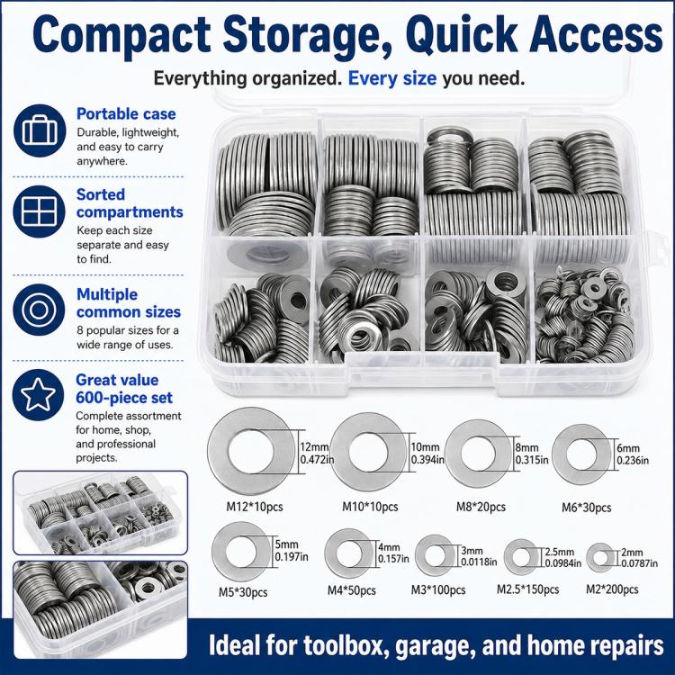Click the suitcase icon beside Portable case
click(x=40, y=130)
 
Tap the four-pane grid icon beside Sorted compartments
click(x=40, y=211)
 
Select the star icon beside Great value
click(x=39, y=395)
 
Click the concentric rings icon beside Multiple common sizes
click(x=39, y=310)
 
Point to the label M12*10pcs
click(x=255, y=507)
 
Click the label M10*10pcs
click(x=370, y=507)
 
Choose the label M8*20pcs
click(x=481, y=507)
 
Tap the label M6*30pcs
click(x=586, y=508)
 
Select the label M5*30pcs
click(x=243, y=592)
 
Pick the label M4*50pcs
click(x=351, y=590)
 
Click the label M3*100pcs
click(x=437, y=589)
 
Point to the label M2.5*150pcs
click(x=527, y=589)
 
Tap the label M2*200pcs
click(x=612, y=589)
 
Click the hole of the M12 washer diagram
click(x=251, y=451)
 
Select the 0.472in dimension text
click(x=318, y=460)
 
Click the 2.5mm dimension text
click(x=559, y=552)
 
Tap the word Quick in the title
click(x=462, y=34)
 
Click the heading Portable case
click(x=126, y=113)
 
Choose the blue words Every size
click(x=392, y=79)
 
